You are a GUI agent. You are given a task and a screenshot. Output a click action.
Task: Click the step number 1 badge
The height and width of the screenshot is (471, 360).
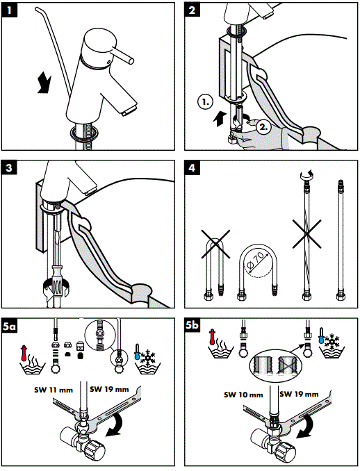click(x=9, y=10)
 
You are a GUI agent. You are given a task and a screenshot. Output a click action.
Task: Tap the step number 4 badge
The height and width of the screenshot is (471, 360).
click(x=192, y=167)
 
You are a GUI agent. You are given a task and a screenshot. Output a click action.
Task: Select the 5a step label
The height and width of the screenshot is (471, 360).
click(x=9, y=326)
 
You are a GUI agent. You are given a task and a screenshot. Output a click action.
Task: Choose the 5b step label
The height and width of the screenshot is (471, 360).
click(x=192, y=325)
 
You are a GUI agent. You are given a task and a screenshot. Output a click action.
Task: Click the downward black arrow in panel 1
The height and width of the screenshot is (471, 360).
click(x=44, y=83)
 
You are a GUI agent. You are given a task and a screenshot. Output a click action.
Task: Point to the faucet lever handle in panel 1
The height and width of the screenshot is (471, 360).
click(x=122, y=55)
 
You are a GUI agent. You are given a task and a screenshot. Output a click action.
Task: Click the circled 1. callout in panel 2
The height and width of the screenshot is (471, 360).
click(x=205, y=101)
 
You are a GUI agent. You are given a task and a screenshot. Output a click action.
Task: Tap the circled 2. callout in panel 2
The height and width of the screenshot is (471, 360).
click(x=263, y=126)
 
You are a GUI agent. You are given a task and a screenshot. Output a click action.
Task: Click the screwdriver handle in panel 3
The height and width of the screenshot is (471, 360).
click(x=57, y=280)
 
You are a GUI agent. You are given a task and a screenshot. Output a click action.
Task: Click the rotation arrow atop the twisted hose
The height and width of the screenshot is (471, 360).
click(x=306, y=173)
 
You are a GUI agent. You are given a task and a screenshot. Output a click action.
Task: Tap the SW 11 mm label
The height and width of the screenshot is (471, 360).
click(x=54, y=390)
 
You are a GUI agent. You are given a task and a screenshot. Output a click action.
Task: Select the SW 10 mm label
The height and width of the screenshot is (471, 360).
click(x=243, y=395)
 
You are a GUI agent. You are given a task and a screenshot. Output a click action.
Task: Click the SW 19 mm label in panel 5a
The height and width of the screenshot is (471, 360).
click(x=109, y=389)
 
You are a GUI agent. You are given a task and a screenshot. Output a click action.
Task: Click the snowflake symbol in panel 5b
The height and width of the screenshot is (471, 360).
click(x=332, y=341)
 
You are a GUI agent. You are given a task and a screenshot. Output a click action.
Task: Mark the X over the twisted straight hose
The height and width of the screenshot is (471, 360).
click(x=306, y=233)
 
